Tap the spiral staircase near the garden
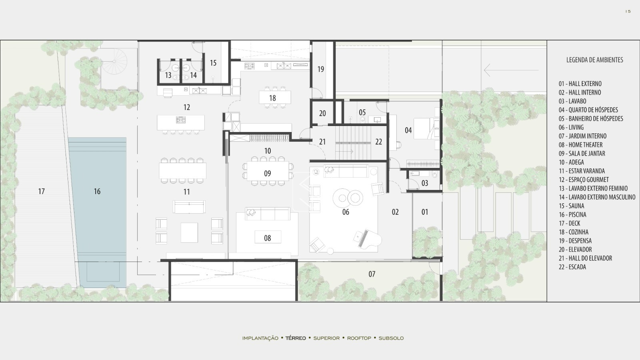(114, 62)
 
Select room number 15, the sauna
(213, 63)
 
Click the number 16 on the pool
(97, 192)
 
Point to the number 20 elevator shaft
(322, 114)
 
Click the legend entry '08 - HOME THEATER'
(580, 145)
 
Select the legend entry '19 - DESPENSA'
(575, 241)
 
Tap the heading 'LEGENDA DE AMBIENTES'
(594, 60)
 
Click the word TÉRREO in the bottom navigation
(296, 338)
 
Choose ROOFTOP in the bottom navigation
(359, 338)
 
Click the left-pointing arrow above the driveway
(511, 70)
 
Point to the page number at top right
(628, 12)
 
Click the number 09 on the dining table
(268, 174)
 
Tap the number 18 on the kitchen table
(272, 98)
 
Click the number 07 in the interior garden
(372, 274)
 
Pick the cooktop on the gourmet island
(181, 120)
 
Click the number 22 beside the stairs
(378, 142)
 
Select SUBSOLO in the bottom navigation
(391, 338)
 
